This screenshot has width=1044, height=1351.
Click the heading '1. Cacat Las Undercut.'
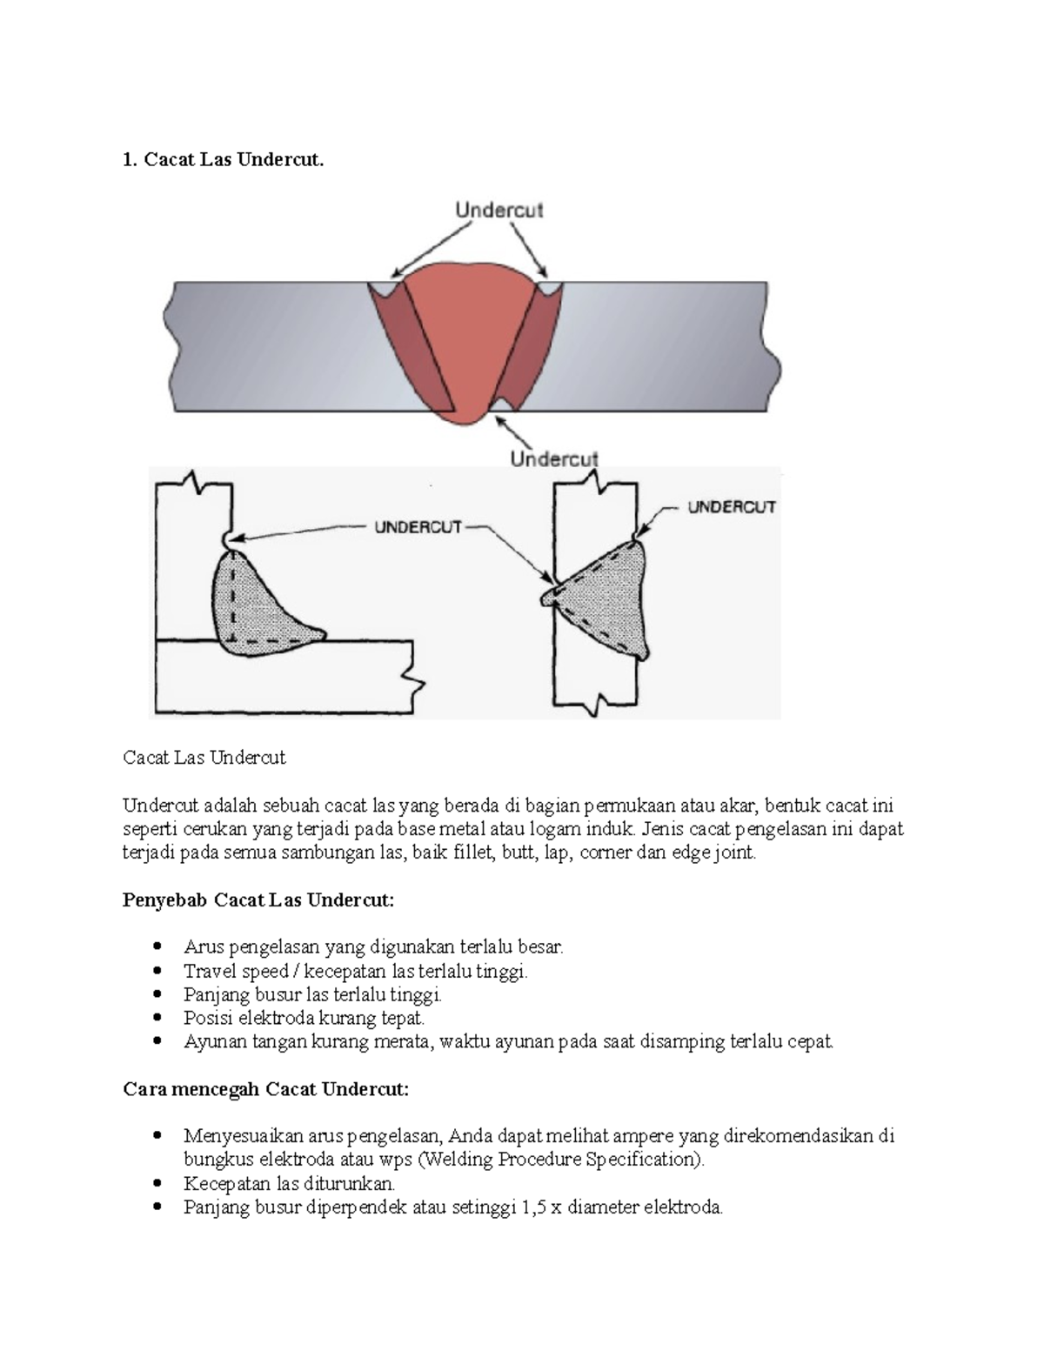pyautogui.click(x=223, y=159)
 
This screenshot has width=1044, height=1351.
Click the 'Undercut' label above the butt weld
pyautogui.click(x=499, y=210)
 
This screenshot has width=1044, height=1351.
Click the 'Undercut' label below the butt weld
pyautogui.click(x=554, y=458)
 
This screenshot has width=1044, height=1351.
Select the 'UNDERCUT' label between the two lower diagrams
pyautogui.click(x=418, y=527)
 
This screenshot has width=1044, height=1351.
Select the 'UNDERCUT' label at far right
pyautogui.click(x=731, y=507)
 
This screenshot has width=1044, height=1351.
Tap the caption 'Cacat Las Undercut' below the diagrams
pyautogui.click(x=204, y=758)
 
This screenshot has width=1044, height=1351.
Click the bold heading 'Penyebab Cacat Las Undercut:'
pyautogui.click(x=258, y=900)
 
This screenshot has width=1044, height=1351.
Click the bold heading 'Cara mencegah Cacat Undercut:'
pyautogui.click(x=265, y=1088)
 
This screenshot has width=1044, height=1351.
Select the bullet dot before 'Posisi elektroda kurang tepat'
pyautogui.click(x=157, y=1018)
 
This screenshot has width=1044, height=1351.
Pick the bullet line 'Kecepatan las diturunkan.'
pyautogui.click(x=289, y=1183)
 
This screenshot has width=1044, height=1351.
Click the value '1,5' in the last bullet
pyautogui.click(x=533, y=1207)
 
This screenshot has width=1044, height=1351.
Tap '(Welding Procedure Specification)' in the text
pyautogui.click(x=561, y=1160)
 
